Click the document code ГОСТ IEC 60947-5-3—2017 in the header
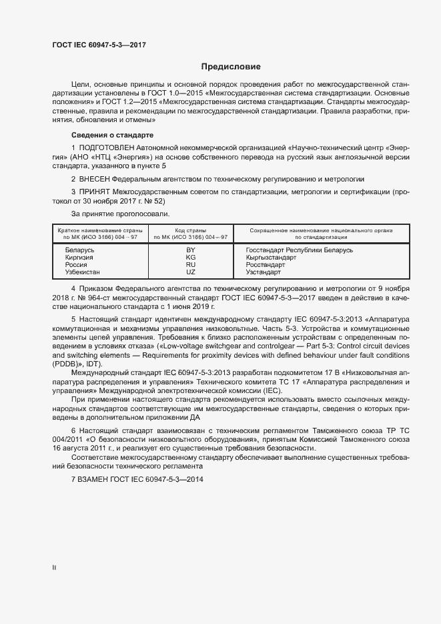pos(99,45)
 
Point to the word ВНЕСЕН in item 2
pos(94,180)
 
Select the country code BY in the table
pos(191,250)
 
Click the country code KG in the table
pos(191,257)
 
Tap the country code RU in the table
pos(191,265)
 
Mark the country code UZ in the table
pos(191,272)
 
